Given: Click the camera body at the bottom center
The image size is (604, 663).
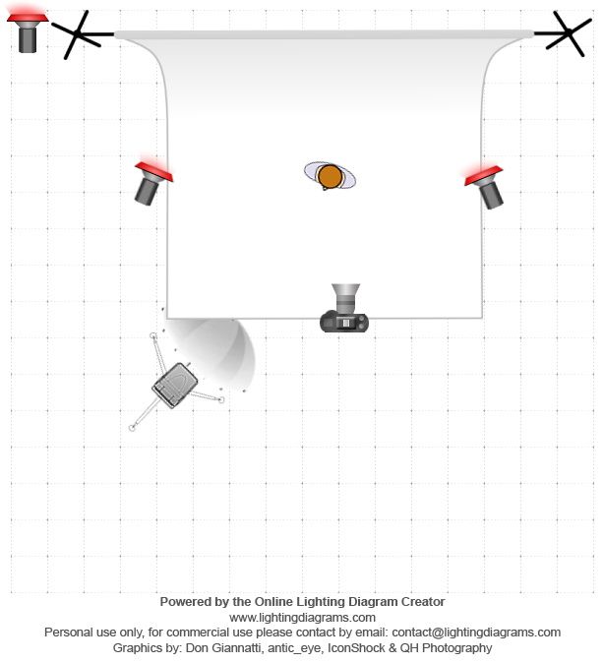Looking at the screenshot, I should tap(344, 321).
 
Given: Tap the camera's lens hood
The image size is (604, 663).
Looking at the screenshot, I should tap(346, 293).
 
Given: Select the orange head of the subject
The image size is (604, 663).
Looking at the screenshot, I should tap(330, 176).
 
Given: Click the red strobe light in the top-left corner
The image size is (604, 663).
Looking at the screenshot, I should tap(28, 30).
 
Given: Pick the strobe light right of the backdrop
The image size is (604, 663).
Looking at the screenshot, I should tap(487, 185).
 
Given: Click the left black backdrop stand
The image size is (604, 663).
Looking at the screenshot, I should tap(81, 35).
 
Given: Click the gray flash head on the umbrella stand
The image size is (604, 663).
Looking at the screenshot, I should tap(175, 385).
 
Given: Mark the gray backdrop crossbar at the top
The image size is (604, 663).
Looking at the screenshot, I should tap(325, 34).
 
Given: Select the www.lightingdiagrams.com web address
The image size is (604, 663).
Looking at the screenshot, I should tap(302, 617).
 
